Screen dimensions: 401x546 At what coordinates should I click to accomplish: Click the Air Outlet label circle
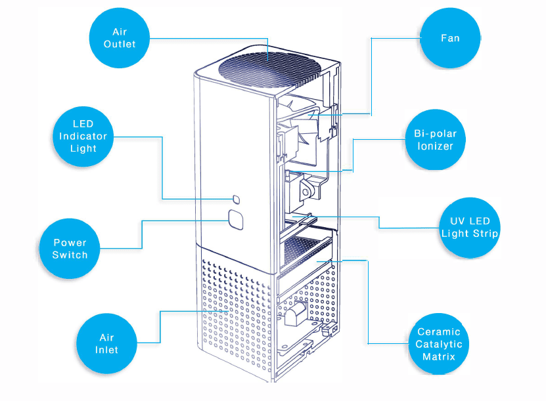coord(120,37)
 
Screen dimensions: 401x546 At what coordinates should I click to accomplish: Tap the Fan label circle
coord(449,38)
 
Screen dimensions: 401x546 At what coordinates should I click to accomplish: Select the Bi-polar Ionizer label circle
coord(435,139)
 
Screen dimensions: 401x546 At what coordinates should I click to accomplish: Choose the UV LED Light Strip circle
coord(469,227)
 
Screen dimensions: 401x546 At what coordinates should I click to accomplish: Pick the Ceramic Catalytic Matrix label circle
coord(438,344)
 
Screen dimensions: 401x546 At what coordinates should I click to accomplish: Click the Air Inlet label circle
coord(106,343)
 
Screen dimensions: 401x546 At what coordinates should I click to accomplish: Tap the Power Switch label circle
coord(70,249)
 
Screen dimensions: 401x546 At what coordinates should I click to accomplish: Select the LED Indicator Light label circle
coord(83,136)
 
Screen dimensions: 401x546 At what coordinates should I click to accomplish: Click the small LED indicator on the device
coord(235,199)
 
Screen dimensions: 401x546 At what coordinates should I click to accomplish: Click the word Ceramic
coord(438,331)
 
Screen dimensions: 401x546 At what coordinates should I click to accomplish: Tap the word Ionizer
coord(435,146)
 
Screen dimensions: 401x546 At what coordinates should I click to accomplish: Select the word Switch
coord(70,255)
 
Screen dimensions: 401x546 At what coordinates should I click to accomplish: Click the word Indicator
coord(83,136)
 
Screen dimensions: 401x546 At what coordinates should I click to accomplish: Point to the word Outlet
coord(120,44)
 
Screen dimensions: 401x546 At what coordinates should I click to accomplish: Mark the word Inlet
coord(106,350)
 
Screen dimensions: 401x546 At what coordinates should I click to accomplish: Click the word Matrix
coord(438,356)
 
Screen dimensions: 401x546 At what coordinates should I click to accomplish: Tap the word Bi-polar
coord(435,133)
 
